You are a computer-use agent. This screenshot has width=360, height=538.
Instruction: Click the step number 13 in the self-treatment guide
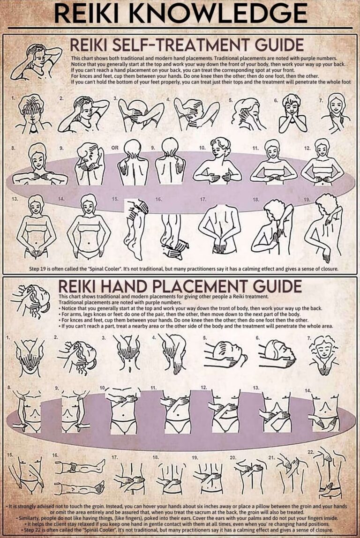point(14,199)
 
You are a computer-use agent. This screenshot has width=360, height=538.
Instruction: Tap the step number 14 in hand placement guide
point(307,390)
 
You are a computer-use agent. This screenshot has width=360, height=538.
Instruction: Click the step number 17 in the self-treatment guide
point(203,199)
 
